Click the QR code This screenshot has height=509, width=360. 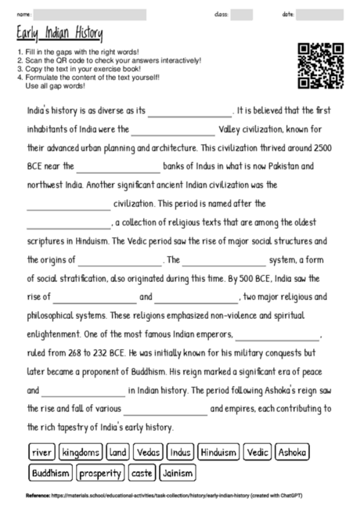(x=321, y=67)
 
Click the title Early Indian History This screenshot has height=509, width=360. (x=59, y=34)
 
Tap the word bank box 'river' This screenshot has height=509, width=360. (x=42, y=453)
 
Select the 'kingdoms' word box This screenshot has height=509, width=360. (x=81, y=453)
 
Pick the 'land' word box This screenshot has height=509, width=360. (x=118, y=453)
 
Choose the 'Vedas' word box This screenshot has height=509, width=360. (x=149, y=453)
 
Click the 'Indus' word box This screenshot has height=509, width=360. (x=180, y=453)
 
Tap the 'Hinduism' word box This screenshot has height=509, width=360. (x=218, y=453)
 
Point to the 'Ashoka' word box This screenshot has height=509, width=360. (x=291, y=453)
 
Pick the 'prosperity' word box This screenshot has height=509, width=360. (x=100, y=473)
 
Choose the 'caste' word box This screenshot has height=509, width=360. (x=142, y=473)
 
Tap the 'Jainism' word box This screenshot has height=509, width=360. (x=177, y=473)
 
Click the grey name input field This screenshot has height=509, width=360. (x=90, y=15)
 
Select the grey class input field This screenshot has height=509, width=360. (x=242, y=15)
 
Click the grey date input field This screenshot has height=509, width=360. (x=320, y=15)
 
